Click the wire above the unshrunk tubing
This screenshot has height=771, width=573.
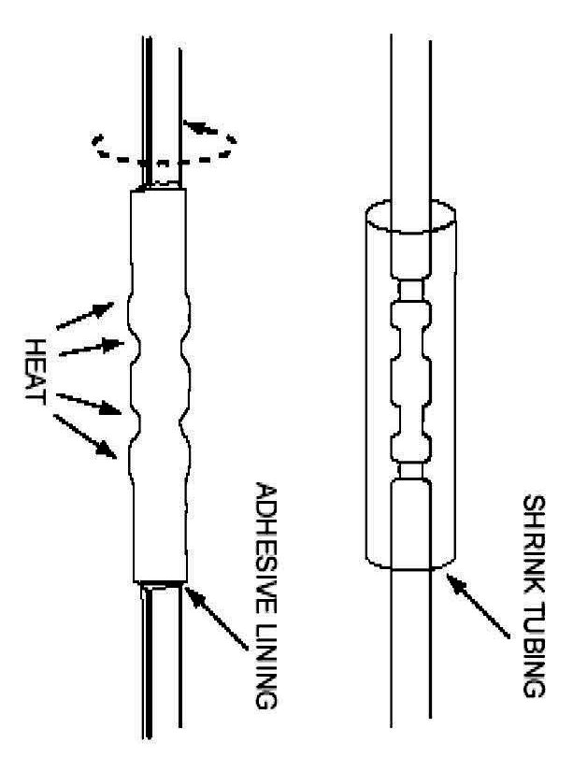tap(411, 112)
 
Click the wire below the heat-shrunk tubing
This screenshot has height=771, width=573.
tap(160, 673)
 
